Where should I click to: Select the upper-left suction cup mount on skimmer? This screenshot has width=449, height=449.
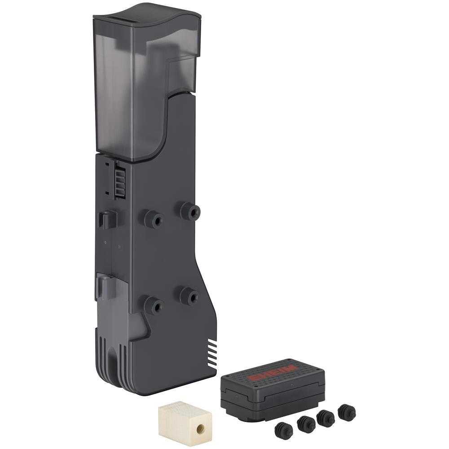(154, 219)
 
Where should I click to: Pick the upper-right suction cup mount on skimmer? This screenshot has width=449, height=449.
(190, 211)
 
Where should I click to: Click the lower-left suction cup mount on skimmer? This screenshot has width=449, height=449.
(154, 306)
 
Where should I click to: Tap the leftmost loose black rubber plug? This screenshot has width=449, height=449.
(283, 432)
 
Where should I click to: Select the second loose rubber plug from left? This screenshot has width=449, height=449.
(306, 425)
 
